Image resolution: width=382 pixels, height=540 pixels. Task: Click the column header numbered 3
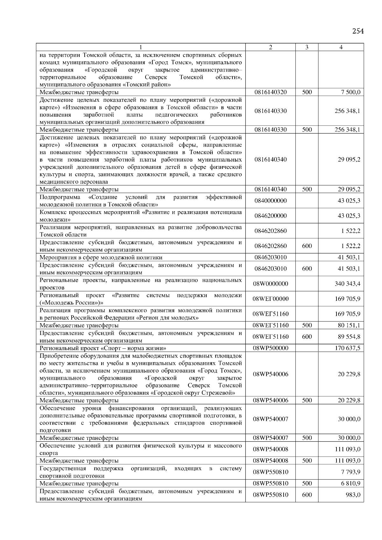[x=307, y=47]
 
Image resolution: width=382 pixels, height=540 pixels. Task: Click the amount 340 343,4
[x=347, y=284]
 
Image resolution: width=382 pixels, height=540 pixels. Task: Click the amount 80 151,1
[x=349, y=325]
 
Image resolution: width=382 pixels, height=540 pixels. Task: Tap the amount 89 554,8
[x=349, y=336]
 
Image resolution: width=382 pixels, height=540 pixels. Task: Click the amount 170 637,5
[x=347, y=348]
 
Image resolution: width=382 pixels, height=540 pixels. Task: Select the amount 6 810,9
[x=350, y=483]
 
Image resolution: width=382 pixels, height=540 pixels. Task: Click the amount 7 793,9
[x=350, y=472]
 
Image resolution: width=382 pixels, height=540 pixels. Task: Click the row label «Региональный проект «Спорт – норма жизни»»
[x=103, y=348]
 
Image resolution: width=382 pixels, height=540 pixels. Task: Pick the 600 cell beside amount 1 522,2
[x=307, y=246]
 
